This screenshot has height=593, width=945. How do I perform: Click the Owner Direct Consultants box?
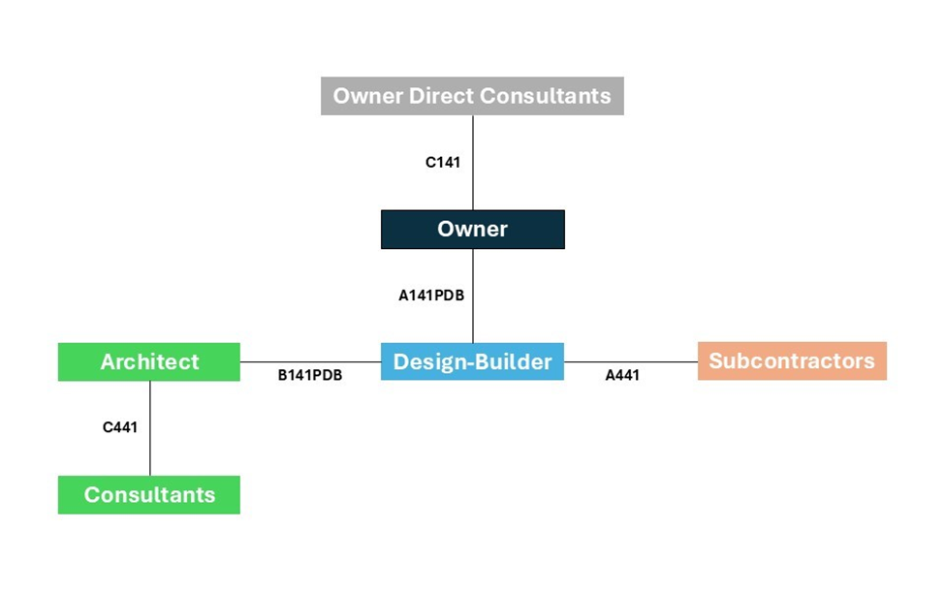(472, 96)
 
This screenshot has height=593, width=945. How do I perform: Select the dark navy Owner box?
(473, 229)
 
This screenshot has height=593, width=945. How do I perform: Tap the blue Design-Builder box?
(473, 361)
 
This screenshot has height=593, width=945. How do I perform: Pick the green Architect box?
(149, 361)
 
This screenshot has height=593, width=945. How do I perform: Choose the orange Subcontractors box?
(792, 361)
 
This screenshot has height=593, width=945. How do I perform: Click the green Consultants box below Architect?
(149, 495)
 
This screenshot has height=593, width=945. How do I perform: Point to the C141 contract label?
(443, 162)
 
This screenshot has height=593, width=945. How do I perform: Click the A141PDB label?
(431, 296)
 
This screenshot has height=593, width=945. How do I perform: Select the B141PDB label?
(310, 375)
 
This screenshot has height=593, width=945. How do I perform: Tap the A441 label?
(622, 375)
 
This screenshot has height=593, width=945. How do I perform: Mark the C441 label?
(120, 427)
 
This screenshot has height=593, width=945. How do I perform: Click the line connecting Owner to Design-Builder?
(473, 296)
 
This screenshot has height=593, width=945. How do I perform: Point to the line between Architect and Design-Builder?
(310, 362)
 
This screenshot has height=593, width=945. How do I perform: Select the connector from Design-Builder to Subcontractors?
(631, 362)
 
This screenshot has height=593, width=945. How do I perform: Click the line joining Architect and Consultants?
(150, 428)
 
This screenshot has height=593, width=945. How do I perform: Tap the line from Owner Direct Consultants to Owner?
(473, 163)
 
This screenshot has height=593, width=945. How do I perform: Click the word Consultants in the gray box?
(546, 96)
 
